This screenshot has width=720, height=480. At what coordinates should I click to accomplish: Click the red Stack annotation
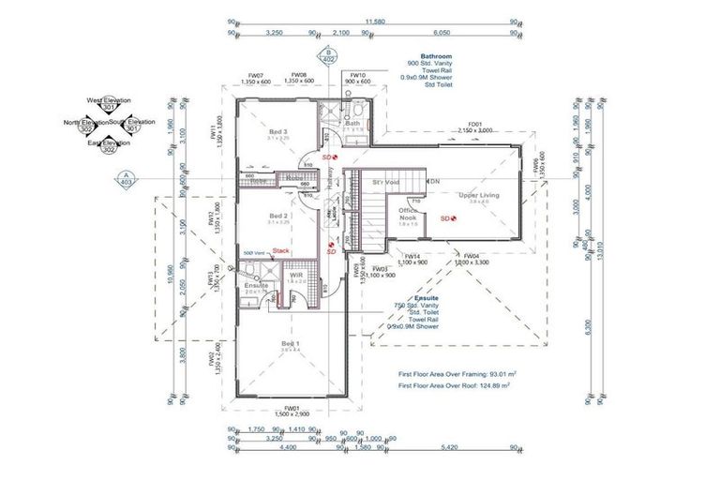click(281, 251)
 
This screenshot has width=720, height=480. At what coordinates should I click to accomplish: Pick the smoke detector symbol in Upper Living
click(453, 217)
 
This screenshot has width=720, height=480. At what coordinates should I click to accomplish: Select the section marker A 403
click(126, 178)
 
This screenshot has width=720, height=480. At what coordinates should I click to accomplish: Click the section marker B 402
click(328, 54)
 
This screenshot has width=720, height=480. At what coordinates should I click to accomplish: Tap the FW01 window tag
click(292, 409)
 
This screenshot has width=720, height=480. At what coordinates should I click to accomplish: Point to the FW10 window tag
click(357, 75)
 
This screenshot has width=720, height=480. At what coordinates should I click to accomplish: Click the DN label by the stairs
click(435, 180)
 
